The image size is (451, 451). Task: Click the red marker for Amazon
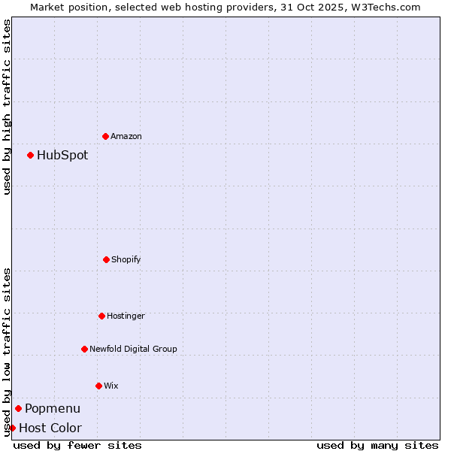click(x=105, y=136)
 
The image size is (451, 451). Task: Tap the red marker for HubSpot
click(x=30, y=155)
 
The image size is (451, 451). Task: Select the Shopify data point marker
click(x=106, y=259)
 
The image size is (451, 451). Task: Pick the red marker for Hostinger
click(x=101, y=316)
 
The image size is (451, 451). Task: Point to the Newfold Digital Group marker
click(x=84, y=349)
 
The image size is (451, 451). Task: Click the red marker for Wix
click(x=98, y=386)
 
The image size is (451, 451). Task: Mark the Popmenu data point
click(x=18, y=408)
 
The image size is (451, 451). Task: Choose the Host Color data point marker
click(x=12, y=428)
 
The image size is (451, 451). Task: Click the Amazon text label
click(x=126, y=136)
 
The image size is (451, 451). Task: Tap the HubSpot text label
click(x=62, y=156)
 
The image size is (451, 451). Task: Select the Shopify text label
click(x=126, y=259)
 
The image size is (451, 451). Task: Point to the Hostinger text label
click(x=126, y=316)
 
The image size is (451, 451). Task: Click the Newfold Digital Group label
click(x=133, y=349)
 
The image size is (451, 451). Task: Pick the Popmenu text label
click(x=53, y=409)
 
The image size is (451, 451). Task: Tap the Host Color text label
click(x=50, y=428)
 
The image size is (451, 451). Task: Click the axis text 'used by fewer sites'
click(x=77, y=445)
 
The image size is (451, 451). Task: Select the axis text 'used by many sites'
click(x=377, y=445)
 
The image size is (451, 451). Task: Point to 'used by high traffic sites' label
click(x=7, y=107)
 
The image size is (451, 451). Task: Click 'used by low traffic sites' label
click(x=7, y=352)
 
